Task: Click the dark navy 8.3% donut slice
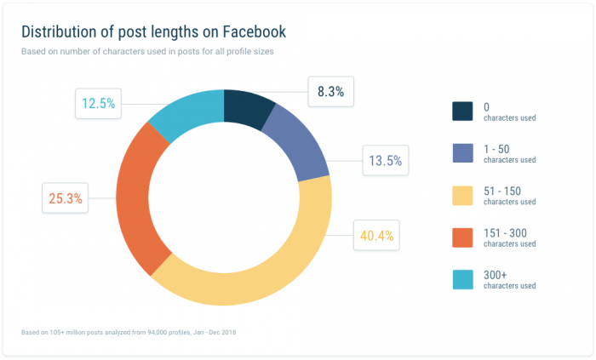248,106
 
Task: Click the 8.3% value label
330,92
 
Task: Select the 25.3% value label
65,199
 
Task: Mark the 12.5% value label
98,105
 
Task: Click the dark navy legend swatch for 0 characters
462,111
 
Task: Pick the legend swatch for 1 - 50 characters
462,153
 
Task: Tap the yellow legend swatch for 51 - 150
462,195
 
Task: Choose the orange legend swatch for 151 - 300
462,237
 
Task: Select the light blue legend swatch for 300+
462,278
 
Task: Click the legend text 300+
495,273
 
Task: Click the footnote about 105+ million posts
128,330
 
